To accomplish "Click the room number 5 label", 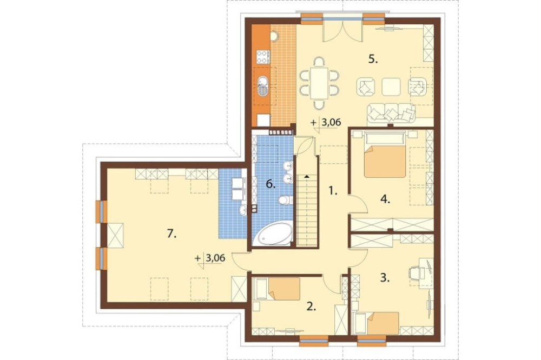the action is point(373,59).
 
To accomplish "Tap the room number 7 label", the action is point(171,234).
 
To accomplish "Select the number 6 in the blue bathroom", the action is point(271,184).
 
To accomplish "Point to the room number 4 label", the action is point(385,199).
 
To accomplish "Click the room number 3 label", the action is point(385,278).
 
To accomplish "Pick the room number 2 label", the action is point(312,306).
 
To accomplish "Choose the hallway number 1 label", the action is point(333,190).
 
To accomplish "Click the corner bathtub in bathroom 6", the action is point(273,234).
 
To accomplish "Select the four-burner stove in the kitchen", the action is point(263,57).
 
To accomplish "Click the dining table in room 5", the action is point(319,83).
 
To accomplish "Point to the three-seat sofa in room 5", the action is point(391,113).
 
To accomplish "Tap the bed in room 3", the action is point(377,323).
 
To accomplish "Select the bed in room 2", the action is point(278,289).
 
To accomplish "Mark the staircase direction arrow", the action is point(306,176).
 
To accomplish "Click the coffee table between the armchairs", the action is point(391,86).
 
